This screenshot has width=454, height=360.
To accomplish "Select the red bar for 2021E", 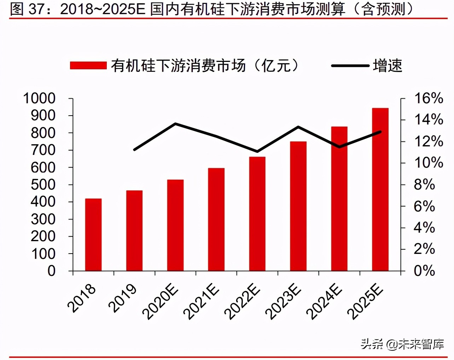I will pos(216,219).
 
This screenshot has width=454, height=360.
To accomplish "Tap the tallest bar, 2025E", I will pos(380,189).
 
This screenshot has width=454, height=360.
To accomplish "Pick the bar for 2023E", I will pos(298,206).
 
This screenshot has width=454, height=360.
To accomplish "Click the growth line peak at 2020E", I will pos(176,124).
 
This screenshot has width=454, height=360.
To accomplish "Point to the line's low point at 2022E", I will pos(257,151).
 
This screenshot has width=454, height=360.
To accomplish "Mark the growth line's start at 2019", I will pos(134,150).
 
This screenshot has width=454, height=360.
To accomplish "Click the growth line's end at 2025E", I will pos(380,132).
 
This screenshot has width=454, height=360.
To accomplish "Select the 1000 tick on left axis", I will pos(39,98).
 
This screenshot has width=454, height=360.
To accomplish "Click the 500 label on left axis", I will pos(43,185).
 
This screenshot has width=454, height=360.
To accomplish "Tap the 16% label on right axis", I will pos(428,98).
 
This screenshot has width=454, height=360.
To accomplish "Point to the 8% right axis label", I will pos(424,185).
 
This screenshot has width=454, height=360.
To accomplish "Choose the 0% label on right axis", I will pos(424,271).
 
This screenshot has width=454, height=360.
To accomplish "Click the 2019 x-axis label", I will pos(123,298).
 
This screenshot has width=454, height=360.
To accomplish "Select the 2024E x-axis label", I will pos(324,301).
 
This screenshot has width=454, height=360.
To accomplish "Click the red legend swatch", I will pos(88,65).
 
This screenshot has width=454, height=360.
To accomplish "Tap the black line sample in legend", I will pos(350,65).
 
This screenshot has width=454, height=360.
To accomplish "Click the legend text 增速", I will pos(388,65).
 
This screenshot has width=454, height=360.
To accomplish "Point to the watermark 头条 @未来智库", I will pos(402,344).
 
